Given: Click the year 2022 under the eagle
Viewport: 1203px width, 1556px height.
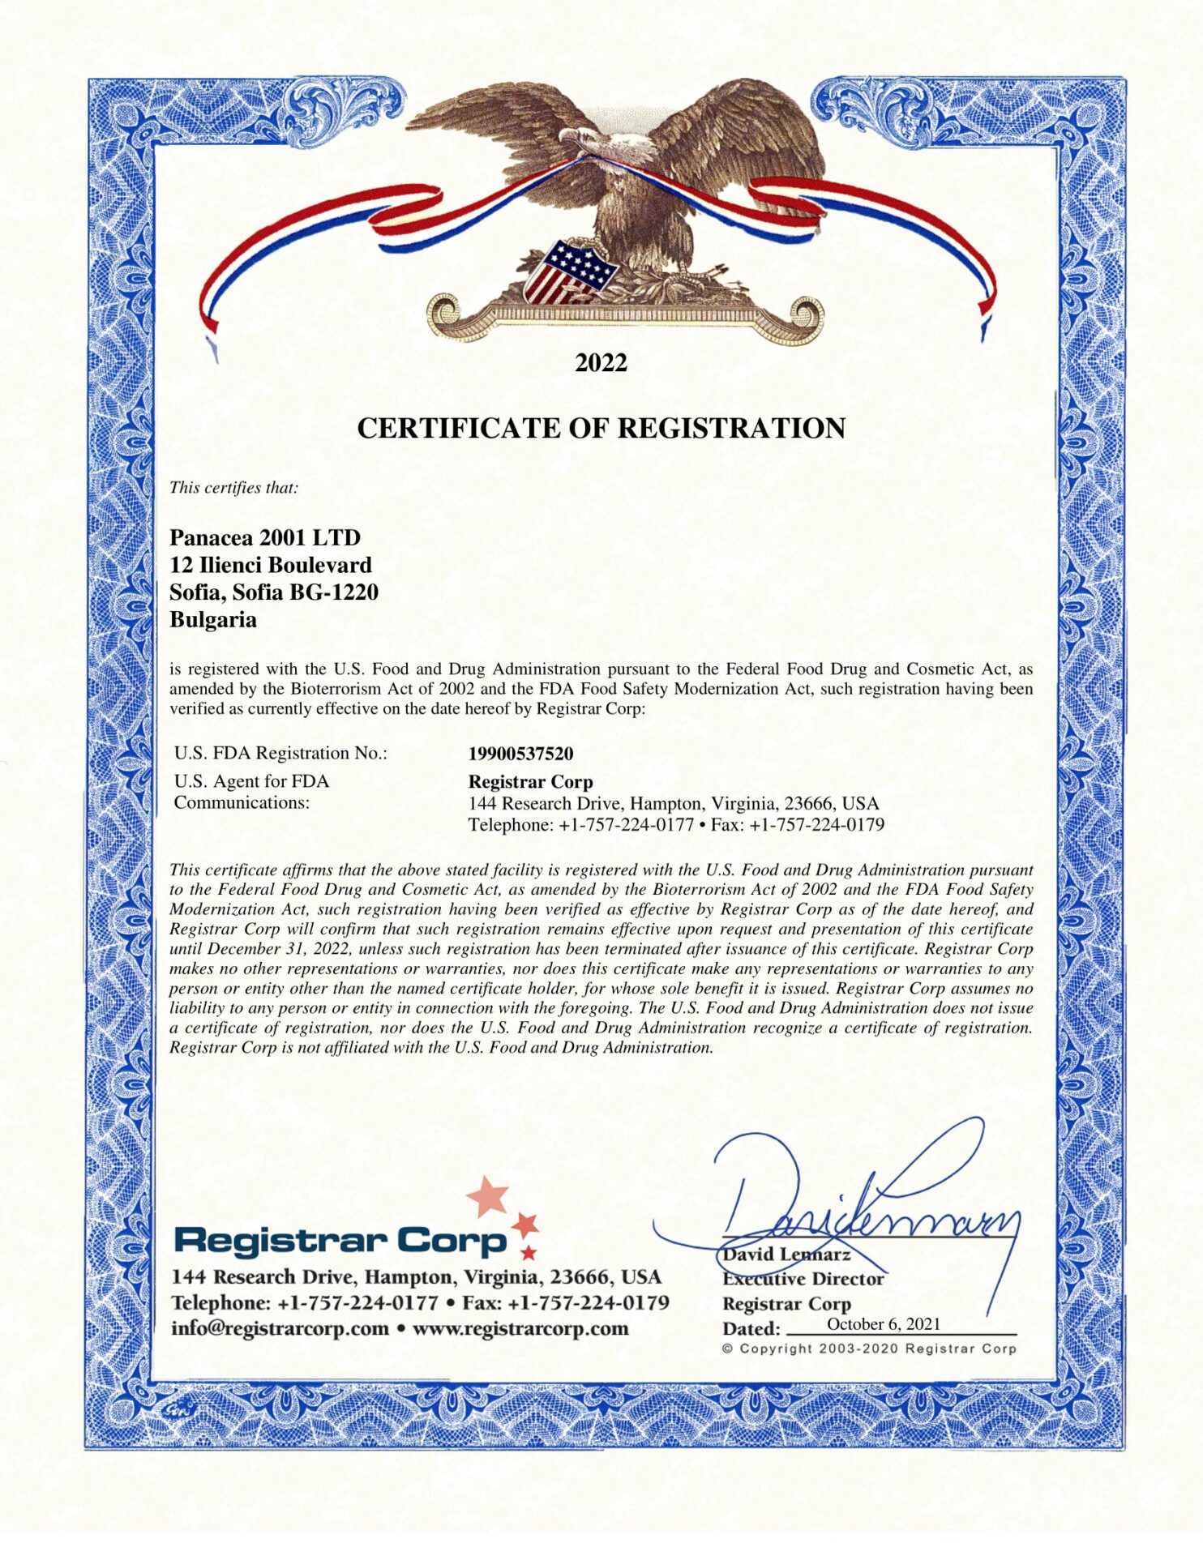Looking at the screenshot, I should pos(601,362).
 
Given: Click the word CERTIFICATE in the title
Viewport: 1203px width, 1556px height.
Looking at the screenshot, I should pos(458,428).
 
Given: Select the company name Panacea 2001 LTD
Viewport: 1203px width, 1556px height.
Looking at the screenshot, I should pos(265,537).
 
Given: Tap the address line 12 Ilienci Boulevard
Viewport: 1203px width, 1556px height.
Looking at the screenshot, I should pos(271,565).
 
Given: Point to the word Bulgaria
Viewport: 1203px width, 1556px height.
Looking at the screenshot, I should pos(212,620).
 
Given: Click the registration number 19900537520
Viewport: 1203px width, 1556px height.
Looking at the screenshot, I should pos(520,754).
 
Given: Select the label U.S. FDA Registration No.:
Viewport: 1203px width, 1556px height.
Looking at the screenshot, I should pos(280,753).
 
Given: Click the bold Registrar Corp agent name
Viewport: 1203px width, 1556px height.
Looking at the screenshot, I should pos(530,782).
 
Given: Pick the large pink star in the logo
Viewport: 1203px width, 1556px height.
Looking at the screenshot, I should pos(488,1195).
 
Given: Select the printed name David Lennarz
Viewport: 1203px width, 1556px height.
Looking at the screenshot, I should pos(786,1255).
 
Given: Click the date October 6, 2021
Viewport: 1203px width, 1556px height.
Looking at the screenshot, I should pos(884,1323).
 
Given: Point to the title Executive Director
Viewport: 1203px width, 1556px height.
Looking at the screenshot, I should pos(803,1279).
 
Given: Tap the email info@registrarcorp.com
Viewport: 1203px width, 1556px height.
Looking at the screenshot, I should pos(280,1328).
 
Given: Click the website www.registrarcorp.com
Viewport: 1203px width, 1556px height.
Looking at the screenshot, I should pos(520,1328).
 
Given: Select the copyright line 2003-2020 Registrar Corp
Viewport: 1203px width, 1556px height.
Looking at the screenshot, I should pos(868,1349).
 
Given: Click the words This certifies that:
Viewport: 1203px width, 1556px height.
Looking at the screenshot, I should pos(233,488).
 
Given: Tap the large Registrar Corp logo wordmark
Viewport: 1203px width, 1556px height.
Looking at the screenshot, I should pos(340,1240).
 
